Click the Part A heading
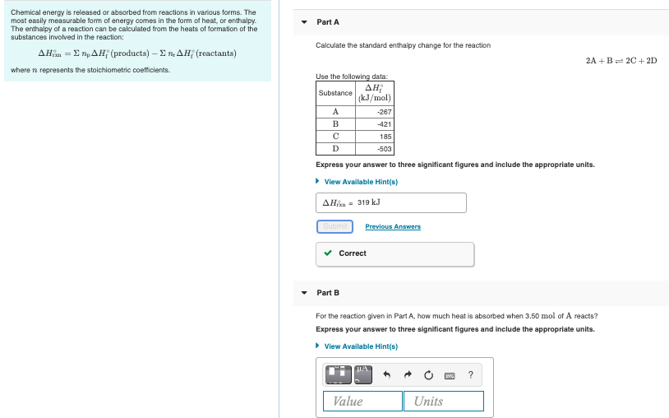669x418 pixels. coord(327,22)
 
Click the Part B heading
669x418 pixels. coord(327,293)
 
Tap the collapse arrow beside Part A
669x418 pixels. coord(303,22)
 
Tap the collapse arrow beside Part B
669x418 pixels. coord(303,293)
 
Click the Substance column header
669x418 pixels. coord(335,93)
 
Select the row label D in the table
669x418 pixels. coord(335,149)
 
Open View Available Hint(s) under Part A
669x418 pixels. coord(361,182)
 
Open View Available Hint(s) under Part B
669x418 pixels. coord(361,346)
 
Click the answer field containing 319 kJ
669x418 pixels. coord(391,202)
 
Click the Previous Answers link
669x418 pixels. coord(393,226)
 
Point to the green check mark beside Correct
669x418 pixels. coord(329,253)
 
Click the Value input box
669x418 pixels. coord(362,401)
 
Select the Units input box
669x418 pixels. coord(443,401)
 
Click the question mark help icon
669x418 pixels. coord(470,375)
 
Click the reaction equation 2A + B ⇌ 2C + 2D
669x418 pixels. coord(621,61)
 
